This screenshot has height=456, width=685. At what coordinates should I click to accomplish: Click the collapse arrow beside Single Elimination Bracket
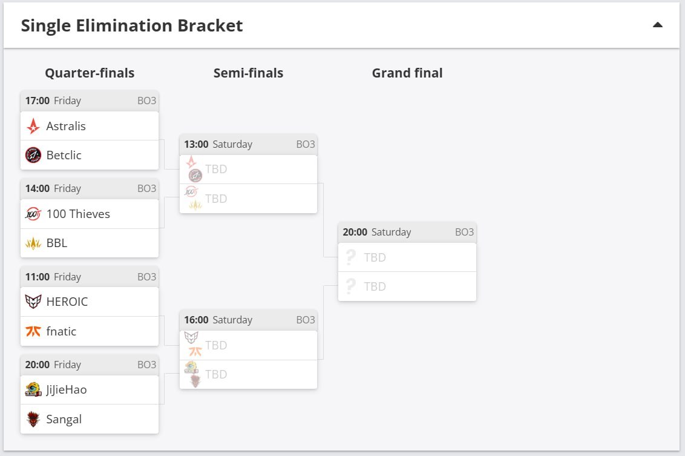(658, 25)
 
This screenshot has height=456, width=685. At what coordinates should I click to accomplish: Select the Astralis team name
(66, 126)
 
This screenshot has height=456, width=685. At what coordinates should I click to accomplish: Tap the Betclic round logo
(33, 155)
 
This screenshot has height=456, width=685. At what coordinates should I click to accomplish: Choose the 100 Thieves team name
(78, 214)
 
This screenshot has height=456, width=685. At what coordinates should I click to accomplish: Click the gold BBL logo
(33, 243)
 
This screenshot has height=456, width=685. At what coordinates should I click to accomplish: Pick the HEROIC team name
(67, 302)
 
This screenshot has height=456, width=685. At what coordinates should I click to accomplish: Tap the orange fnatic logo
(33, 331)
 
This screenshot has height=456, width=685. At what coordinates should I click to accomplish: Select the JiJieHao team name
(67, 390)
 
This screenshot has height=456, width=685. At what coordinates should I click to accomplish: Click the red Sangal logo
(33, 419)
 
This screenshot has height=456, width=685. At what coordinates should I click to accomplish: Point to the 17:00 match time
(37, 101)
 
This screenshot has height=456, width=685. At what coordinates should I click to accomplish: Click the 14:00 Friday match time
(53, 188)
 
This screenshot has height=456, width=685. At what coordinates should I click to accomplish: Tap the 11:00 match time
(37, 277)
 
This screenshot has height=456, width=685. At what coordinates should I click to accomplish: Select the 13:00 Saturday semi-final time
(218, 144)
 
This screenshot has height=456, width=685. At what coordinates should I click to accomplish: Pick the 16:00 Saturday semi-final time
(218, 320)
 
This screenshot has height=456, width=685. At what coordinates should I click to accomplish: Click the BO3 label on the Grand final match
(464, 232)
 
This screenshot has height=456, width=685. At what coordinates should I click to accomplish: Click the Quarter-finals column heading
(90, 73)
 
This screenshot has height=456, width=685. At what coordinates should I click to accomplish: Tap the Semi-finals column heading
(248, 73)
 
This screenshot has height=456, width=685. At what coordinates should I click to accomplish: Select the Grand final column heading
(407, 73)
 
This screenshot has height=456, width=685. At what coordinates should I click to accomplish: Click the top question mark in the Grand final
(351, 257)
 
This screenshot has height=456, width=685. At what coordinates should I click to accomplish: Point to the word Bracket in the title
(210, 25)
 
